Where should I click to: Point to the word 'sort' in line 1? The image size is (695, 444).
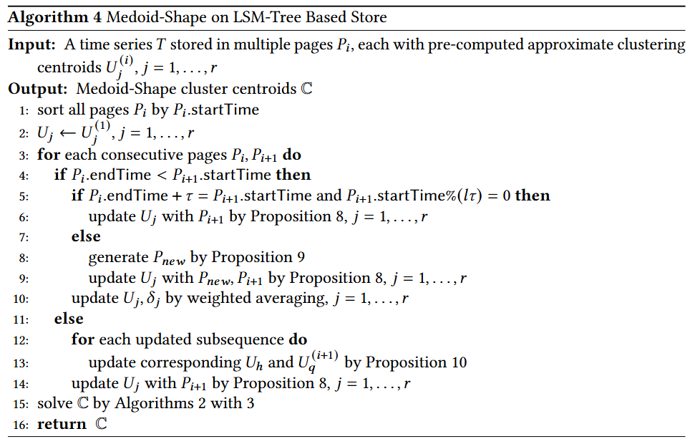(x=49, y=110)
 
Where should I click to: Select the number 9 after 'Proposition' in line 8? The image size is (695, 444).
(x=288, y=257)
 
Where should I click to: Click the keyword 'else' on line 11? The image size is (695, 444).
(x=69, y=319)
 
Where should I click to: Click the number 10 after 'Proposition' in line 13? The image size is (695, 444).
(x=458, y=362)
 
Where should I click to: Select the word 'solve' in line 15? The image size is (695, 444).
(x=54, y=403)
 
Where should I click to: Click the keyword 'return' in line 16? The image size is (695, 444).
(x=62, y=424)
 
